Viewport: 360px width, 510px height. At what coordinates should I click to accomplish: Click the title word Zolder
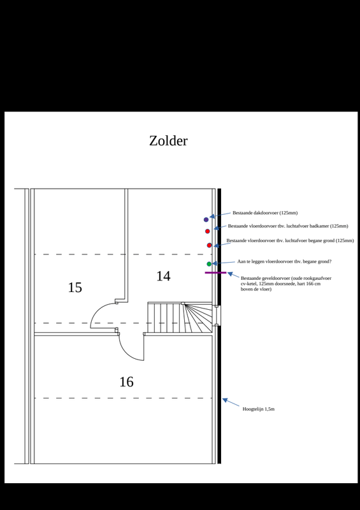pos(168,141)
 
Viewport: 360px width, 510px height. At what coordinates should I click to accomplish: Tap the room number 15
pos(75,288)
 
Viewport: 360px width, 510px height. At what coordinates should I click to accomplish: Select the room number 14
pos(163,276)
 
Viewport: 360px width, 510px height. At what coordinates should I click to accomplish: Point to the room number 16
pos(126,382)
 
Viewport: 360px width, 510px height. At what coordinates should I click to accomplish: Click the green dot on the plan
pos(209,264)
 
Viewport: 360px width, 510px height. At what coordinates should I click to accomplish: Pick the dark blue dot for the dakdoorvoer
pos(206,219)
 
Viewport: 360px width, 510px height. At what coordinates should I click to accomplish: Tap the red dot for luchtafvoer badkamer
pos(207,231)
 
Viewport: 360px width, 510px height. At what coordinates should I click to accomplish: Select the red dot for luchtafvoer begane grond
pos(209,245)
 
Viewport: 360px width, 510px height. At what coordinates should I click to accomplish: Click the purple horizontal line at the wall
pos(215,273)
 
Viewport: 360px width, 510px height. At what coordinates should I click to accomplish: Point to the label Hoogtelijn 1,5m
pos(259,408)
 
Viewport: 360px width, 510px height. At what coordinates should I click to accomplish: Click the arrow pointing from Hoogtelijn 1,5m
pos(231,403)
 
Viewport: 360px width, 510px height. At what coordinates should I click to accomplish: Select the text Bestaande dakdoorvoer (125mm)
pos(265,212)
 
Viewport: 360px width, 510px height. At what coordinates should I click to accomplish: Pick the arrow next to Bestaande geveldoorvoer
pos(231,275)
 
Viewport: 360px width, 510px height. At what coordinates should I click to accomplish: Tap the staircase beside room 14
pos(181,317)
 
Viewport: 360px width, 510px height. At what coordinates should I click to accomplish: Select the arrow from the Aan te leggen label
pos(222,263)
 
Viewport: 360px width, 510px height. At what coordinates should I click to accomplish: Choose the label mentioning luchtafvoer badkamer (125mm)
pos(287,226)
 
